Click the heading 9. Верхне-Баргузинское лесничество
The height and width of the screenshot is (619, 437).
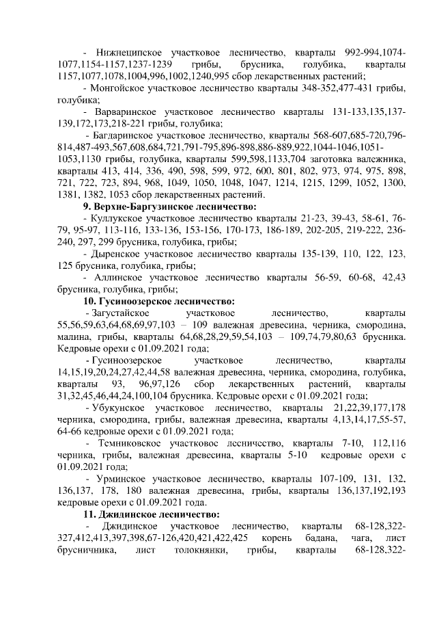[169, 207]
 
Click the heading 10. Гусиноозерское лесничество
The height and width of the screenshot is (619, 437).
[159, 301]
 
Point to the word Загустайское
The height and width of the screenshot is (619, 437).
[121, 313]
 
